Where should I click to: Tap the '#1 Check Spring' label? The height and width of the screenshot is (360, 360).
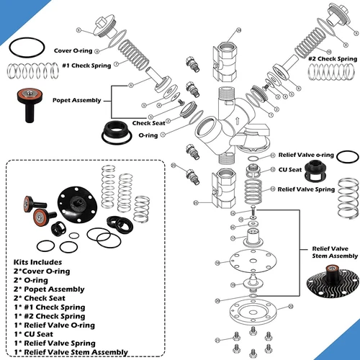click(x=84, y=66)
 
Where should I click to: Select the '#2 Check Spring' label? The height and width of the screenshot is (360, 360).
click(x=333, y=58)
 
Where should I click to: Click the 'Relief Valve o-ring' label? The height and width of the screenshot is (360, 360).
click(x=307, y=156)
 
